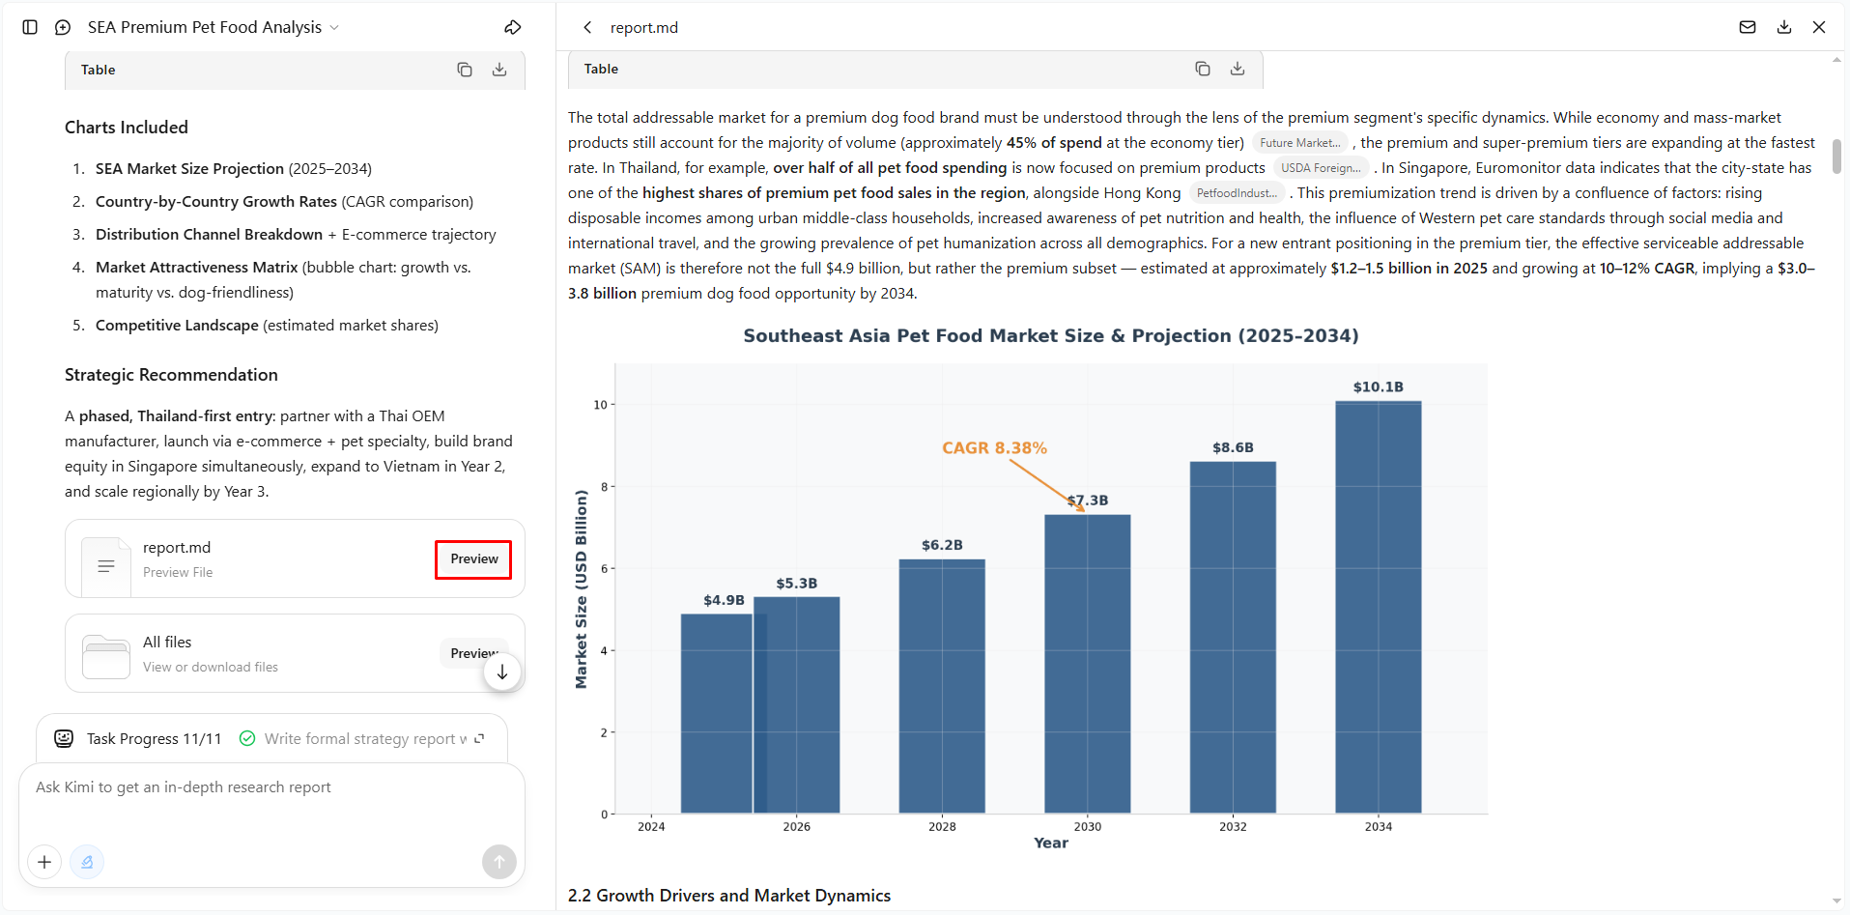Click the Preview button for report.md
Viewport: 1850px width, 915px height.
coord(473,559)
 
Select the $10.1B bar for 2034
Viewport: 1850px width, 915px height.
coord(1378,607)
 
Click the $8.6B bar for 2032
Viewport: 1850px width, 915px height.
coord(1233,638)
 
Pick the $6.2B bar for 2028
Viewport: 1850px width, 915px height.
coord(942,686)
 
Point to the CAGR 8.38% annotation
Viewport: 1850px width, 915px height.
coord(994,448)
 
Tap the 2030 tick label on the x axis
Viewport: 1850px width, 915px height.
coord(1088,826)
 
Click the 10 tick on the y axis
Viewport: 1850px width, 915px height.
coord(600,405)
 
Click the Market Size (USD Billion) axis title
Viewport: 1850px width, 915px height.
coord(581,589)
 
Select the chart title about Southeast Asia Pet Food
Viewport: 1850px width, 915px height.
coord(1051,335)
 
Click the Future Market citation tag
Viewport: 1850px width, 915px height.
coord(1300,143)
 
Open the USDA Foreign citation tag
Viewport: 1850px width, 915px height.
coord(1321,168)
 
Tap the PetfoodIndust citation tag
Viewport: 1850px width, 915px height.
coord(1237,193)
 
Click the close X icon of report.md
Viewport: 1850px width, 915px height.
coord(1819,27)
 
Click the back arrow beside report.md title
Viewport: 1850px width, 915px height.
coord(587,27)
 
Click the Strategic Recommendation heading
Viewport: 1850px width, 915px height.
coord(171,375)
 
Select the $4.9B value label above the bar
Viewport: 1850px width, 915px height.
coord(724,600)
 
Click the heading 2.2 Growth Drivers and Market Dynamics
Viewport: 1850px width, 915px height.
coord(729,896)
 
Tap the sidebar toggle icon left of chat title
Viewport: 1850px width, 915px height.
coord(30,27)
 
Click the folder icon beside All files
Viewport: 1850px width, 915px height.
coord(106,656)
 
